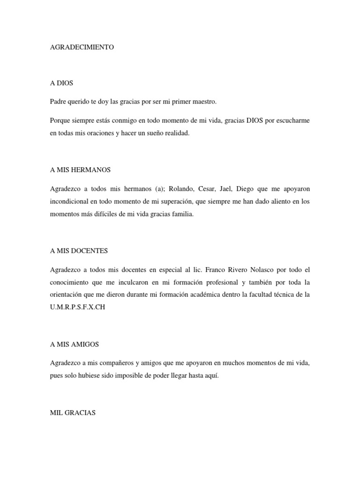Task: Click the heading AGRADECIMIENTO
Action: [x=82, y=47]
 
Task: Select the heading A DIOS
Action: [x=62, y=83]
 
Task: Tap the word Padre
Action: [x=59, y=101]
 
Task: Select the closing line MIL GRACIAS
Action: [x=73, y=412]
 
